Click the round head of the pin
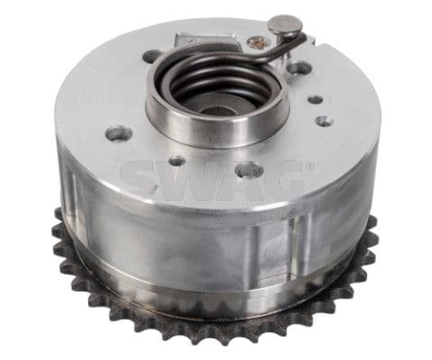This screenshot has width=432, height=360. pyautogui.click(x=287, y=24)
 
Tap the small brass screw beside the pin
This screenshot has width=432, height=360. pyautogui.click(x=259, y=40)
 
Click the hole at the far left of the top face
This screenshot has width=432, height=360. pyautogui.click(x=118, y=133)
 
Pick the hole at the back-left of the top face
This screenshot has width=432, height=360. pyautogui.click(x=152, y=56)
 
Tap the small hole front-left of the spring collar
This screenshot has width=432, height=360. pyautogui.click(x=177, y=161)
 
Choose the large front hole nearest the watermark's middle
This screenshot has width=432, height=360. pyautogui.click(x=249, y=169)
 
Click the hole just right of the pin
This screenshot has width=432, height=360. pyautogui.click(x=301, y=67)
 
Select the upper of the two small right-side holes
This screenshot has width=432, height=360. pyautogui.click(x=316, y=100)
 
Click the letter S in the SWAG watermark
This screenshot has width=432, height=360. pyautogui.click(x=143, y=178)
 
